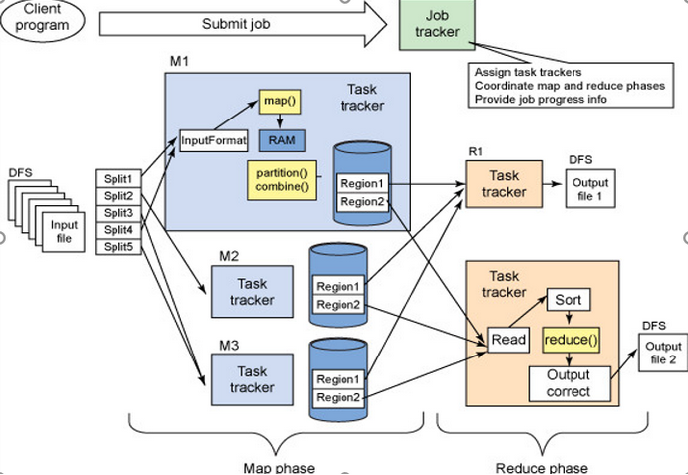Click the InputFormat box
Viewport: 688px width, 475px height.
[212, 140]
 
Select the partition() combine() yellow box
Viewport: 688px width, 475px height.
[282, 178]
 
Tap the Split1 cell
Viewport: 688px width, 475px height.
[117, 178]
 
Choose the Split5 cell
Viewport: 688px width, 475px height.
[117, 247]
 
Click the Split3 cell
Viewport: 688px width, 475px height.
[117, 213]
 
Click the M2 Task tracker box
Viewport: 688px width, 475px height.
[252, 292]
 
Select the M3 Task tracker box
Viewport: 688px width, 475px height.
[252, 378]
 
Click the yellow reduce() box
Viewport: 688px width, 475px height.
[571, 340]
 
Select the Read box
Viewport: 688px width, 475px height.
[509, 340]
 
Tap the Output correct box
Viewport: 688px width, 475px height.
[569, 383]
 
